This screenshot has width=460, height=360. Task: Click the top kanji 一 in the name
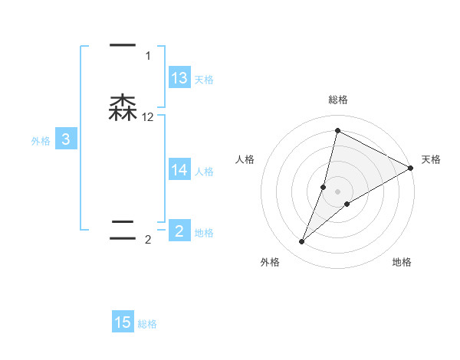point(123,47)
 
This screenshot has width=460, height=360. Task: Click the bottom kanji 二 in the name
point(123,230)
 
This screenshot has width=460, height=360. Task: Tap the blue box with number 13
point(179,78)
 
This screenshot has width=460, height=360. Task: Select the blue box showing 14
point(179,170)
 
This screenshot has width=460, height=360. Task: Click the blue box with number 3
point(66,139)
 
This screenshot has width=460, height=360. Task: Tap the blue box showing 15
point(123,322)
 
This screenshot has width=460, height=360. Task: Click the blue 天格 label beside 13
point(204,79)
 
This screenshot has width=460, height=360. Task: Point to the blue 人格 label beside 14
point(204,171)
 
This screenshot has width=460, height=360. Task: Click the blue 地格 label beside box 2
point(204,232)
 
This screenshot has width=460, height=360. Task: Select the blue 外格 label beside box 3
point(40,140)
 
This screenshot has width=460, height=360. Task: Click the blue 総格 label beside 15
point(147,324)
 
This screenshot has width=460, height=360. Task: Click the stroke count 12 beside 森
point(148,116)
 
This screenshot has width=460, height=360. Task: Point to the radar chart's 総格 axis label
point(337,100)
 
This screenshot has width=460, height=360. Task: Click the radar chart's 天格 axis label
point(431,159)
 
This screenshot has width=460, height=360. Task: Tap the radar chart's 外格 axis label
point(270,262)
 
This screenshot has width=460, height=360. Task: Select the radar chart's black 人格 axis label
point(245,159)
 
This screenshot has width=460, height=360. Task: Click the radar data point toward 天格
point(411,168)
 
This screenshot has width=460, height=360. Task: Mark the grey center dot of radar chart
point(337,191)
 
